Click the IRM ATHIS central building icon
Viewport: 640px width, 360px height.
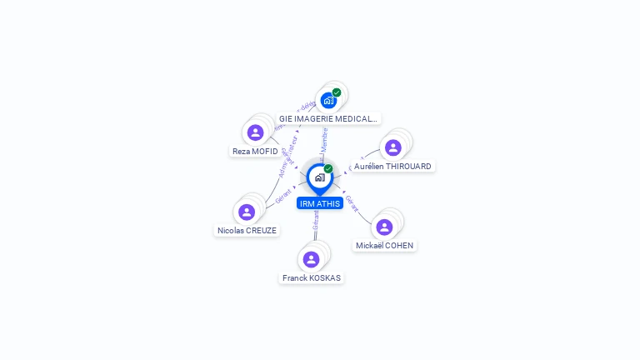tap(319, 177)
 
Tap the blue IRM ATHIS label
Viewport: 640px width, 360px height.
tap(320, 203)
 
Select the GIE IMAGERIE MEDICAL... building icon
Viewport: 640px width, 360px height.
tap(328, 101)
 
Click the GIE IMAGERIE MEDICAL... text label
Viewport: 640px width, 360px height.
tap(328, 118)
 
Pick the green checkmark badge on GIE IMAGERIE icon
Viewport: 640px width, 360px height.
tap(337, 92)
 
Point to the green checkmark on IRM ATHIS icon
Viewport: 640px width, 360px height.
tap(328, 168)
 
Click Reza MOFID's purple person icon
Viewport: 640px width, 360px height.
tap(256, 132)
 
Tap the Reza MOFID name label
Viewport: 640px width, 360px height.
tap(255, 152)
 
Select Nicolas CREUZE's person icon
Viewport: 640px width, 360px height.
tap(247, 212)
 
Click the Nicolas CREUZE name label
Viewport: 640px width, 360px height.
tap(247, 230)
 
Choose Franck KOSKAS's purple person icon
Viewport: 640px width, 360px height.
tap(311, 259)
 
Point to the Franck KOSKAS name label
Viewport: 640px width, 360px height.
tap(311, 277)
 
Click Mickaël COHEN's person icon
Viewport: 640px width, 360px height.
tap(384, 227)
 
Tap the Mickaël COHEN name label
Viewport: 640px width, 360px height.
tap(384, 245)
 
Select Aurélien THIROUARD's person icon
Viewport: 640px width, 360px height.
tap(393, 147)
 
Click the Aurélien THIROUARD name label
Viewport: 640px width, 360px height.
tap(392, 167)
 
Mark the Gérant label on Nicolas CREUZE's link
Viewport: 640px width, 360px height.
tap(283, 197)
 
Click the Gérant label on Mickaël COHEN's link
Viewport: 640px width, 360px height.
tap(352, 204)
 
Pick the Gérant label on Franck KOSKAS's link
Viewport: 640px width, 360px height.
tap(316, 220)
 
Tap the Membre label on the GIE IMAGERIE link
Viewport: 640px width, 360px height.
tap(325, 138)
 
